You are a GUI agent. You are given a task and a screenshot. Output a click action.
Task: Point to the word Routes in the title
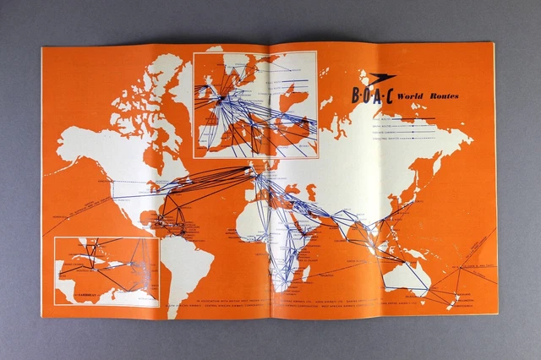click(443, 96)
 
